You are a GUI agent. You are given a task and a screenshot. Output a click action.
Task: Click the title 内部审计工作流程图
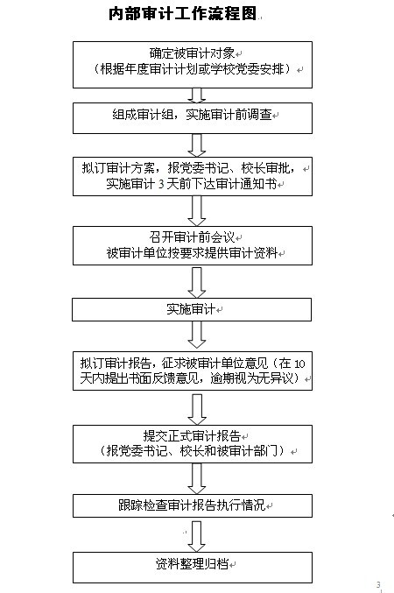pyautogui.click(x=183, y=14)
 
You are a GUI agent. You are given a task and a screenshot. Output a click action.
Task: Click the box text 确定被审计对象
pyautogui.click(x=192, y=53)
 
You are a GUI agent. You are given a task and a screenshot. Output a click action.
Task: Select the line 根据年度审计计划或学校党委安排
pyautogui.click(x=192, y=69)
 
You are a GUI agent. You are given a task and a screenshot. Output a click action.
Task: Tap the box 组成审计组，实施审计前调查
pyautogui.click(x=193, y=118)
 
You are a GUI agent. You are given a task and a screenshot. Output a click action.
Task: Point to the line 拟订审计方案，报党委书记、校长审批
pyautogui.click(x=188, y=168)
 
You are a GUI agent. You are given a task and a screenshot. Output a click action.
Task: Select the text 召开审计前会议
pyautogui.click(x=192, y=237)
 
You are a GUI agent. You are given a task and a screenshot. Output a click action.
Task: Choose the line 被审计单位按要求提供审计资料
pyautogui.click(x=192, y=253)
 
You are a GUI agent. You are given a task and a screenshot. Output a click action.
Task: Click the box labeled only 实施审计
pyautogui.click(x=192, y=310)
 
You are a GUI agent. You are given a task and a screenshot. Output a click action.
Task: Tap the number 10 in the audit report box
pyautogui.click(x=299, y=364)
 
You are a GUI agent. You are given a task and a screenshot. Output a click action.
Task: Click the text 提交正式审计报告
pyautogui.click(x=192, y=436)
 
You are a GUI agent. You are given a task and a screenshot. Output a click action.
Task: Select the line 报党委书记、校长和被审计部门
pyautogui.click(x=192, y=451)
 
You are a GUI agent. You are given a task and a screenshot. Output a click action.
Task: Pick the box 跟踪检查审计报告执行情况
pyautogui.click(x=193, y=505)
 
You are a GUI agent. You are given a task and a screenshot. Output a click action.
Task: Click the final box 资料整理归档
pyautogui.click(x=193, y=568)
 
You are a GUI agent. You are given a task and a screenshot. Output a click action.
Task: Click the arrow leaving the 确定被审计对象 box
pyautogui.click(x=197, y=95)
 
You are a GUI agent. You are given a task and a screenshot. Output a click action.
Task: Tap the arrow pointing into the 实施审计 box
pyautogui.click(x=197, y=283)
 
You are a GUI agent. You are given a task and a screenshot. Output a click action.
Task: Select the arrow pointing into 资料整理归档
pyautogui.click(x=197, y=536)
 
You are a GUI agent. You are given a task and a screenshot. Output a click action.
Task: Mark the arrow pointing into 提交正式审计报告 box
pyautogui.click(x=197, y=410)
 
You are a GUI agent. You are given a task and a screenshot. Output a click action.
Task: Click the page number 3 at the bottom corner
pyautogui.click(x=378, y=585)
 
